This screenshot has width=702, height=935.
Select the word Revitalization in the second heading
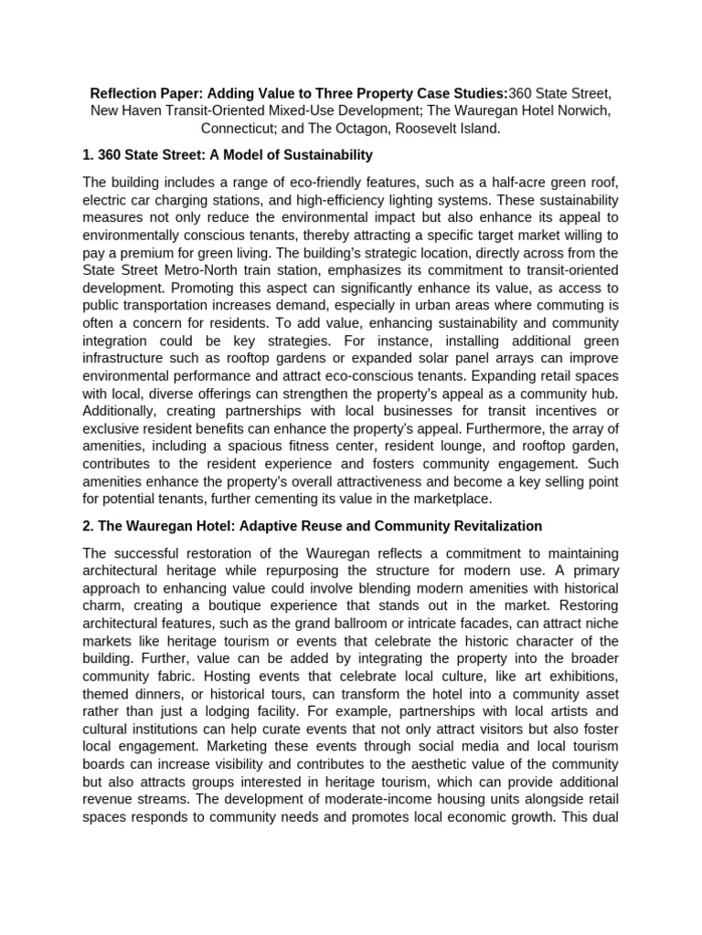click(491, 526)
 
